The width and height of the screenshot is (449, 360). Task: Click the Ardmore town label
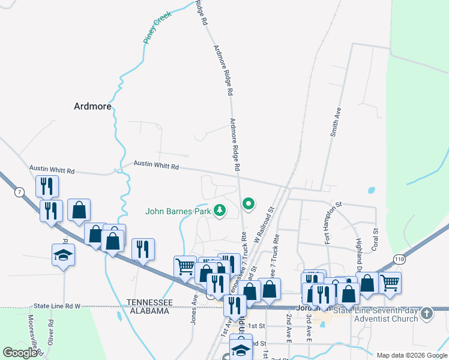(92, 106)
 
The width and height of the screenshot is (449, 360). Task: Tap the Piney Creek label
(157, 27)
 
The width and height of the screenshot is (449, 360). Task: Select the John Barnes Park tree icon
(220, 210)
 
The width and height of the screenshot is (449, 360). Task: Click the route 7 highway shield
(20, 191)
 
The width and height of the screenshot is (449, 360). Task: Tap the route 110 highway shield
(400, 259)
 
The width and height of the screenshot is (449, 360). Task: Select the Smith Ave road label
(336, 122)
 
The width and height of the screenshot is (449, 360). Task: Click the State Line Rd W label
(58, 306)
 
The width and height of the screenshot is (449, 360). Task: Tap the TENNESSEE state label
(150, 302)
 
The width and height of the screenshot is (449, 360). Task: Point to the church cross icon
(426, 313)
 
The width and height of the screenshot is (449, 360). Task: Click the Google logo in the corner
(20, 353)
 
